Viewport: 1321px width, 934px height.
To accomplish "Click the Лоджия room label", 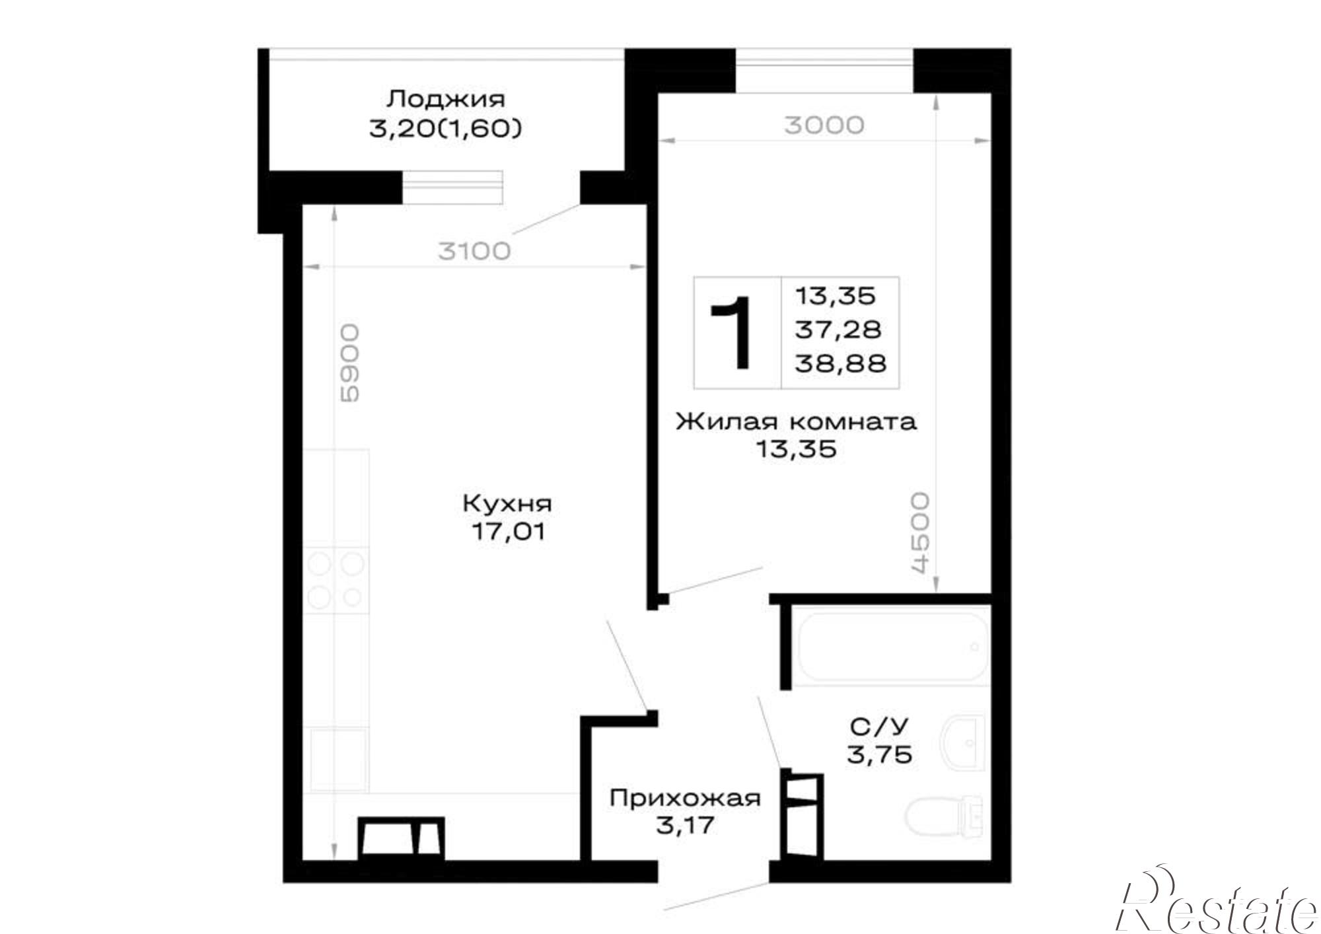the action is (x=446, y=100).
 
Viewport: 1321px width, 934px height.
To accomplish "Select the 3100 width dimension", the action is (x=475, y=251).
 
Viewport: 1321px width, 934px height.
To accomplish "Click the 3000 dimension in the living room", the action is (x=824, y=125).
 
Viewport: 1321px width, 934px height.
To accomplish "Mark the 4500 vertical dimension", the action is (x=919, y=532).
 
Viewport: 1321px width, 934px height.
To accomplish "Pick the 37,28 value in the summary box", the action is (x=838, y=329).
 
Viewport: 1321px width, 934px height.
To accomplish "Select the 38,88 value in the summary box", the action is (x=840, y=363).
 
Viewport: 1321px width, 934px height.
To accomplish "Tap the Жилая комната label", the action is (x=797, y=421).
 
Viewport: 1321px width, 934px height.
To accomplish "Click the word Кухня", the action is (x=507, y=503).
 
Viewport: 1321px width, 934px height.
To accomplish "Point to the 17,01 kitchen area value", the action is (x=508, y=531).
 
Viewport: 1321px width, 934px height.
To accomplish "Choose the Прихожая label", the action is (x=686, y=798).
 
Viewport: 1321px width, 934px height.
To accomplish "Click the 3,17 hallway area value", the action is (x=685, y=825).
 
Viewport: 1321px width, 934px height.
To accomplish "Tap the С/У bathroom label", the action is (x=879, y=727).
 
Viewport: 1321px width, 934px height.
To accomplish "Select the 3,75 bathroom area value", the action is (x=880, y=754).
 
